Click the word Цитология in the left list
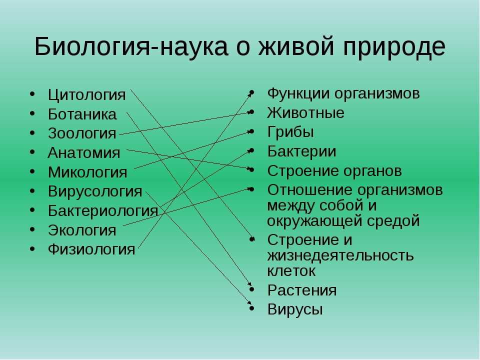coord(86,95)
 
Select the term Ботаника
coord(82,114)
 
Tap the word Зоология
coord(82,134)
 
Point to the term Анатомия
coord(84,153)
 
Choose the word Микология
coord(87,172)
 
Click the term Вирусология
coord(95,191)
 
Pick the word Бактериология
coord(103,211)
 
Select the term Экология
coord(82,230)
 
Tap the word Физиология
coord(91,249)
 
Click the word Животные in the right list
coord(305,113)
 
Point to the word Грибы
coord(290,132)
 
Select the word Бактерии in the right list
coord(301,151)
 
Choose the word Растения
coord(302,290)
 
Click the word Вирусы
coord(295,309)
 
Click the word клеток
coord(291,271)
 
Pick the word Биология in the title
coord(91,46)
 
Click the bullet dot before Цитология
coord(32,94)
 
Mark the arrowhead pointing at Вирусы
coord(249,302)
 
